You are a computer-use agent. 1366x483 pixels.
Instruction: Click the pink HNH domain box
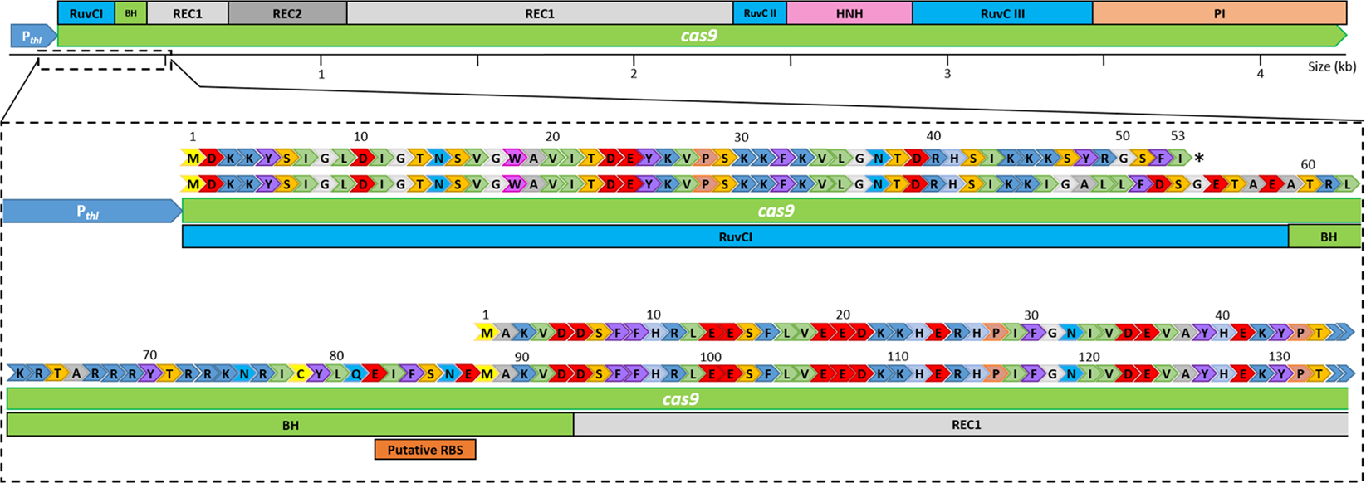849,12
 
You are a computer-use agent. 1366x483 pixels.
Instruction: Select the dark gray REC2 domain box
287,12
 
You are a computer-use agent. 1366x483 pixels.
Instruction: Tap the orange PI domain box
1219,12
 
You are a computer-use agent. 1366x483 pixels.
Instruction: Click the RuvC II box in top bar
759,12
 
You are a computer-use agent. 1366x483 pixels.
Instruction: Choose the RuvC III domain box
1001,12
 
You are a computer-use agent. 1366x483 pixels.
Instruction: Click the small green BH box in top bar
130,12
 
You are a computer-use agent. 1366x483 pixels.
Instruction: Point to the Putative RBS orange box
425,449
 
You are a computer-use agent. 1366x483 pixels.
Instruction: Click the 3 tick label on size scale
947,74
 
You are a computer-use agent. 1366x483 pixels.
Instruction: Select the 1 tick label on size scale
321,74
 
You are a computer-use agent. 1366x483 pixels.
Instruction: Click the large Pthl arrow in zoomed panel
91,212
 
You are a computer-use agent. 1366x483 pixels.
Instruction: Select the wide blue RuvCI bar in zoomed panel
734,237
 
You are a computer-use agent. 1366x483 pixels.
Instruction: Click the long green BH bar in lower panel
290,424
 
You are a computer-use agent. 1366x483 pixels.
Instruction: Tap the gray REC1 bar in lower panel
960,424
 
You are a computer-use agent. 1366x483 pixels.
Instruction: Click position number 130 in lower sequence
1280,355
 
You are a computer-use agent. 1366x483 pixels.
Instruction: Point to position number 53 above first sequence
1178,135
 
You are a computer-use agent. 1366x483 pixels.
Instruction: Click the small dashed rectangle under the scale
104,61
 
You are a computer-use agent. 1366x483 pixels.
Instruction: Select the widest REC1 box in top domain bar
539,12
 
